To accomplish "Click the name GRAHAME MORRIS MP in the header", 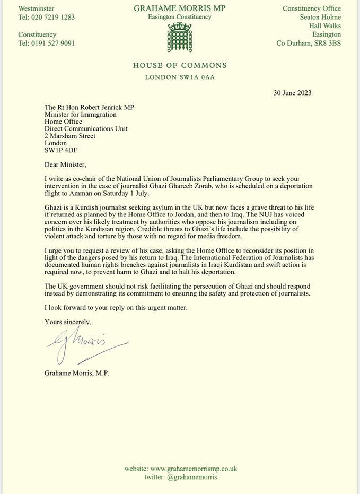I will coord(180,8).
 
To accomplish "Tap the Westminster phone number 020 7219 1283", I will coord(53,17).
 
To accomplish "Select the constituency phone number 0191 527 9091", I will coord(53,43).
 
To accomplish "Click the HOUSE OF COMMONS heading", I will coord(180,66).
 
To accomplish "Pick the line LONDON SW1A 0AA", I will coord(180,77).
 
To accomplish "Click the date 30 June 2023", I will coord(292,93).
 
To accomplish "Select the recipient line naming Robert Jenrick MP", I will coord(89,107).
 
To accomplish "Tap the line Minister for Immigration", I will coord(81,115).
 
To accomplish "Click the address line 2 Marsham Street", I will coord(70,136).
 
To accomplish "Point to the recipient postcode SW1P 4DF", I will coord(61,150).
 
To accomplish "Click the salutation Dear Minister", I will coord(65,164).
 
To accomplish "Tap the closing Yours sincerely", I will coord(68,322).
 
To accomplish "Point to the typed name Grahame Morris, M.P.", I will coord(77,373).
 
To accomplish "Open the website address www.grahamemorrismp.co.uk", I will coord(194,469).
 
